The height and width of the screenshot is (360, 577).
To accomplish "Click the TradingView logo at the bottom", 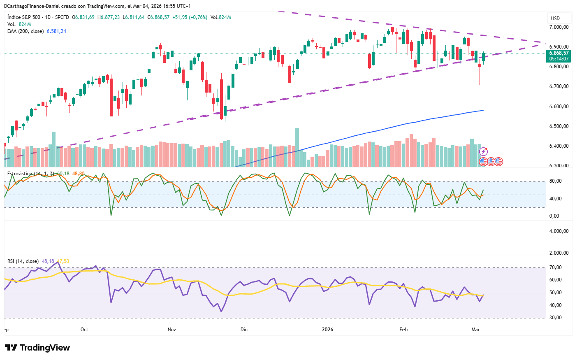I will tap(37, 348).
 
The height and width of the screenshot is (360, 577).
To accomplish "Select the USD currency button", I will tap(556, 18).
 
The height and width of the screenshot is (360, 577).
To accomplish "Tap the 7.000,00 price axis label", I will tap(558, 27).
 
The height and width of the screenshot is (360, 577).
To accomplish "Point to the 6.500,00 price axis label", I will tap(558, 126).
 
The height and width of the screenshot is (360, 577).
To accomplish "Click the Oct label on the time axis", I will tap(84, 330).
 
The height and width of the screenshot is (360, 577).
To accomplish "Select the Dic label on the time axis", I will tap(244, 330).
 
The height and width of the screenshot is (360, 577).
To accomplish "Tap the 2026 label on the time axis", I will tap(327, 330).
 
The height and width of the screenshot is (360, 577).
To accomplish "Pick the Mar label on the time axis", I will tap(476, 330).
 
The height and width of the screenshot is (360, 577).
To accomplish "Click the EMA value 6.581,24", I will tap(56, 31).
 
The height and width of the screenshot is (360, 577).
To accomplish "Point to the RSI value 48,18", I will tap(48, 261).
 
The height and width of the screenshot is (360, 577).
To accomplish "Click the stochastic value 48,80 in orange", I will tap(79, 174).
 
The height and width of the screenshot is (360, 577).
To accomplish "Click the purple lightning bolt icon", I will tap(484, 151).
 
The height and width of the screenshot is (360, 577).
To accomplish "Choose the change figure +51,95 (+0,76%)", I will tap(190, 17).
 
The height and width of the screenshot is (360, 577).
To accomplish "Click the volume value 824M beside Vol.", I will tap(25, 24).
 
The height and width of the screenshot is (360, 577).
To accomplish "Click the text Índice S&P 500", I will tap(24, 17).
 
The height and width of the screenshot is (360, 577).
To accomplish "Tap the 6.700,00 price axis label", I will tap(558, 86).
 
